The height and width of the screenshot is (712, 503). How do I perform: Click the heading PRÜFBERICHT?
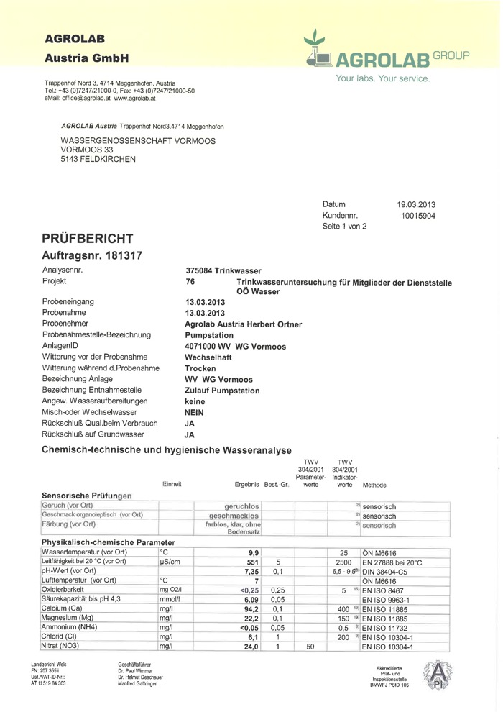tap(87, 238)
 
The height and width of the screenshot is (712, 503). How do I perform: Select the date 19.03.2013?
tap(417, 204)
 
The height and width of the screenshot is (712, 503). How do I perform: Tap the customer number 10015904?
tap(418, 215)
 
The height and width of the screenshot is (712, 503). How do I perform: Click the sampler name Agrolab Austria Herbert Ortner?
tap(244, 324)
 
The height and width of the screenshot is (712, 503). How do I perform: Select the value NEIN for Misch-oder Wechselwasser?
tap(195, 412)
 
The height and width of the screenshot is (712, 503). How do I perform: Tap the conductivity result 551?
tap(251, 561)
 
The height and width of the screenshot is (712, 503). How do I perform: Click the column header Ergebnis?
tap(247, 485)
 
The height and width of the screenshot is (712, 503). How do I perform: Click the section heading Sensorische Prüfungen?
tap(87, 496)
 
